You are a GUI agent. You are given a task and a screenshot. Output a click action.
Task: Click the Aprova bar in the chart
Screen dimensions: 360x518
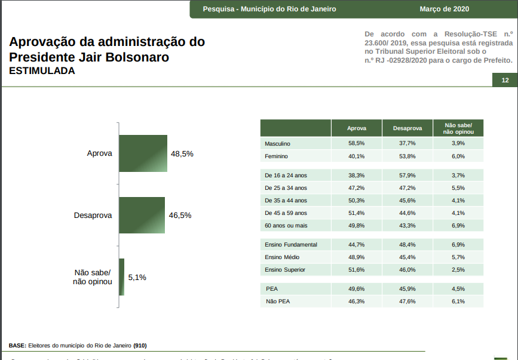pos(143,154)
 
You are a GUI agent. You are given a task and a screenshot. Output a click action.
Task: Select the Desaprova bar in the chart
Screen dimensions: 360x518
pos(142,215)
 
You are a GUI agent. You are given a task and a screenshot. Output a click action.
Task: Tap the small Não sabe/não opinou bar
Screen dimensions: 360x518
pos(122,277)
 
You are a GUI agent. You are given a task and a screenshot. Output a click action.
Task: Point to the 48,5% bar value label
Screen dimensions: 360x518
pos(182,154)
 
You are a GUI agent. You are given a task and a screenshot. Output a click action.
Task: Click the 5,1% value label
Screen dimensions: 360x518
pos(137,278)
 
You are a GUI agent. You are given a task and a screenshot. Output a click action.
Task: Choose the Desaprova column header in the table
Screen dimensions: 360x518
pos(407,128)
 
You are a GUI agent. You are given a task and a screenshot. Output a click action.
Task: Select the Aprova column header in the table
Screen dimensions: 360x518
pos(357,128)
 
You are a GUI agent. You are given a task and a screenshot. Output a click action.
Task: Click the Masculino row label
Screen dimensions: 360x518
pos(277,144)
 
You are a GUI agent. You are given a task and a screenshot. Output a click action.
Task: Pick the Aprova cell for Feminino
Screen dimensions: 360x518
pos(357,156)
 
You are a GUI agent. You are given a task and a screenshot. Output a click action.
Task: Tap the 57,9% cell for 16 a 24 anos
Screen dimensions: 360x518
pos(407,176)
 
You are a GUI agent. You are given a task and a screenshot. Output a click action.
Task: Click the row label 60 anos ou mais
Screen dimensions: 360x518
pos(286,226)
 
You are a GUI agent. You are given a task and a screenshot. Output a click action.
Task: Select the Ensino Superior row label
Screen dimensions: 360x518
pos(285,270)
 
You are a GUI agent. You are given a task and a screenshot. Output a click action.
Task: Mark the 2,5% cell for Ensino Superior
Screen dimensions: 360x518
pos(458,270)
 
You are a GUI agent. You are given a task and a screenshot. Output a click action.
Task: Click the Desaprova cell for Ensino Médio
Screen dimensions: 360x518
pos(407,257)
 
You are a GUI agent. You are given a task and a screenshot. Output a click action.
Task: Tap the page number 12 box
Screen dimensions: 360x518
pos(505,81)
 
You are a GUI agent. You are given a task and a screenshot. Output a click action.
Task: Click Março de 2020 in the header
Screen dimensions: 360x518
pos(445,9)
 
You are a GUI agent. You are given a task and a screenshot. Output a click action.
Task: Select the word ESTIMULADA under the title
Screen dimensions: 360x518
pos(42,71)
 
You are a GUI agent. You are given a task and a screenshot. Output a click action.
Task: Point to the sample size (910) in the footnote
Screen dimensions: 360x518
pos(140,346)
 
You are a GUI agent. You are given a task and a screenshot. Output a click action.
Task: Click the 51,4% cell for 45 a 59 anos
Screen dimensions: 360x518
pos(357,213)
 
